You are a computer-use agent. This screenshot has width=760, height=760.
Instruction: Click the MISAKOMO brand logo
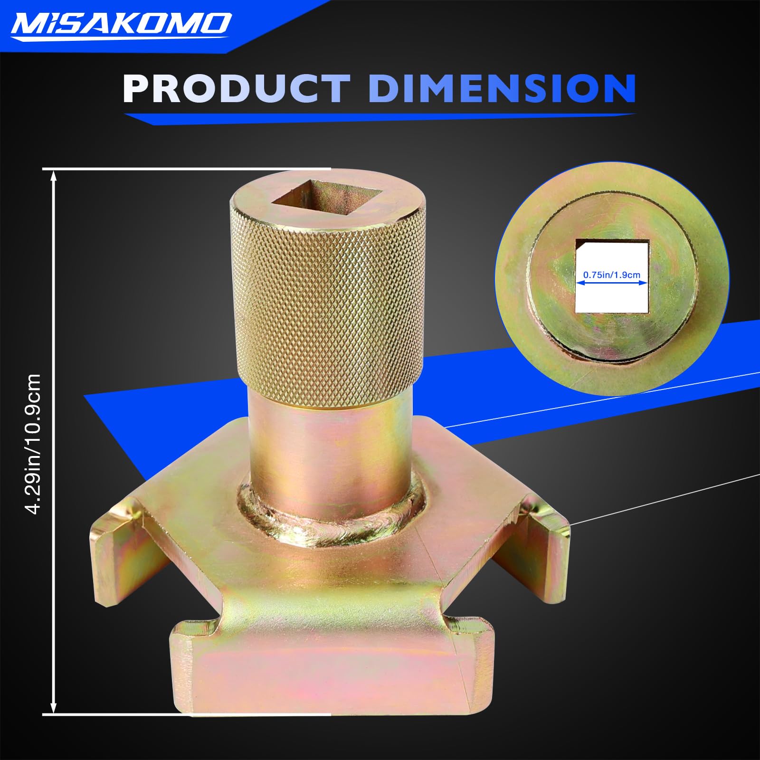[x=121, y=24]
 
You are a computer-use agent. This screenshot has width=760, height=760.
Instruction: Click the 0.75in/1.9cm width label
[x=612, y=275]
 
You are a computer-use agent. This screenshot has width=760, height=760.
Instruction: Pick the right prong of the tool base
[x=546, y=546]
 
